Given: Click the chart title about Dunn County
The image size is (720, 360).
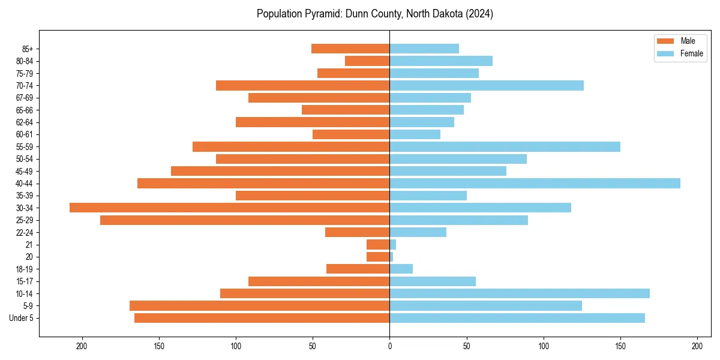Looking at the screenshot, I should [x=374, y=14].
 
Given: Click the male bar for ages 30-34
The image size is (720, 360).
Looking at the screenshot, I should [x=230, y=208].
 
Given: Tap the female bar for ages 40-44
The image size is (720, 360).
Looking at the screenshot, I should [x=535, y=183].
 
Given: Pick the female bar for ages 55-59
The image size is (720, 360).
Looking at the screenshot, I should [x=505, y=146].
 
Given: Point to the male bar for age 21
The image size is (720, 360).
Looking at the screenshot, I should [x=378, y=244].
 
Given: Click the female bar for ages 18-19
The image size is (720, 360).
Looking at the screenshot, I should [x=401, y=269].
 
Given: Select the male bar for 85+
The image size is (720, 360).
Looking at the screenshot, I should [x=350, y=49].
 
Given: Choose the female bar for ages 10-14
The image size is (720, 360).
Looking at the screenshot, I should [x=520, y=293].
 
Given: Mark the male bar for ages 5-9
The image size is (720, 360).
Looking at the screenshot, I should [x=260, y=305].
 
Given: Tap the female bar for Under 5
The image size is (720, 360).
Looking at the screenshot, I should [x=517, y=318].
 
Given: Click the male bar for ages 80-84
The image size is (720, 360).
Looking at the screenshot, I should [x=367, y=61].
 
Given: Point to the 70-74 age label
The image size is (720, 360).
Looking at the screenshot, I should [x=25, y=85].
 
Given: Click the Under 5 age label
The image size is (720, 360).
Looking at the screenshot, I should [x=22, y=318].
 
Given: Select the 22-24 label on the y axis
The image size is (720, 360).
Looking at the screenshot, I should [x=25, y=232].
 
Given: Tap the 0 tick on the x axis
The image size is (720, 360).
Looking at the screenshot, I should [x=389, y=346].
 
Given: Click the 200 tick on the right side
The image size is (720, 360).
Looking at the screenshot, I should [x=697, y=346].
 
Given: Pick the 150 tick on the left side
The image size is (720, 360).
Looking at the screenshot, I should [x=159, y=346].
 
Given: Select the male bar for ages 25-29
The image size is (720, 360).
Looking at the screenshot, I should [x=245, y=220].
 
